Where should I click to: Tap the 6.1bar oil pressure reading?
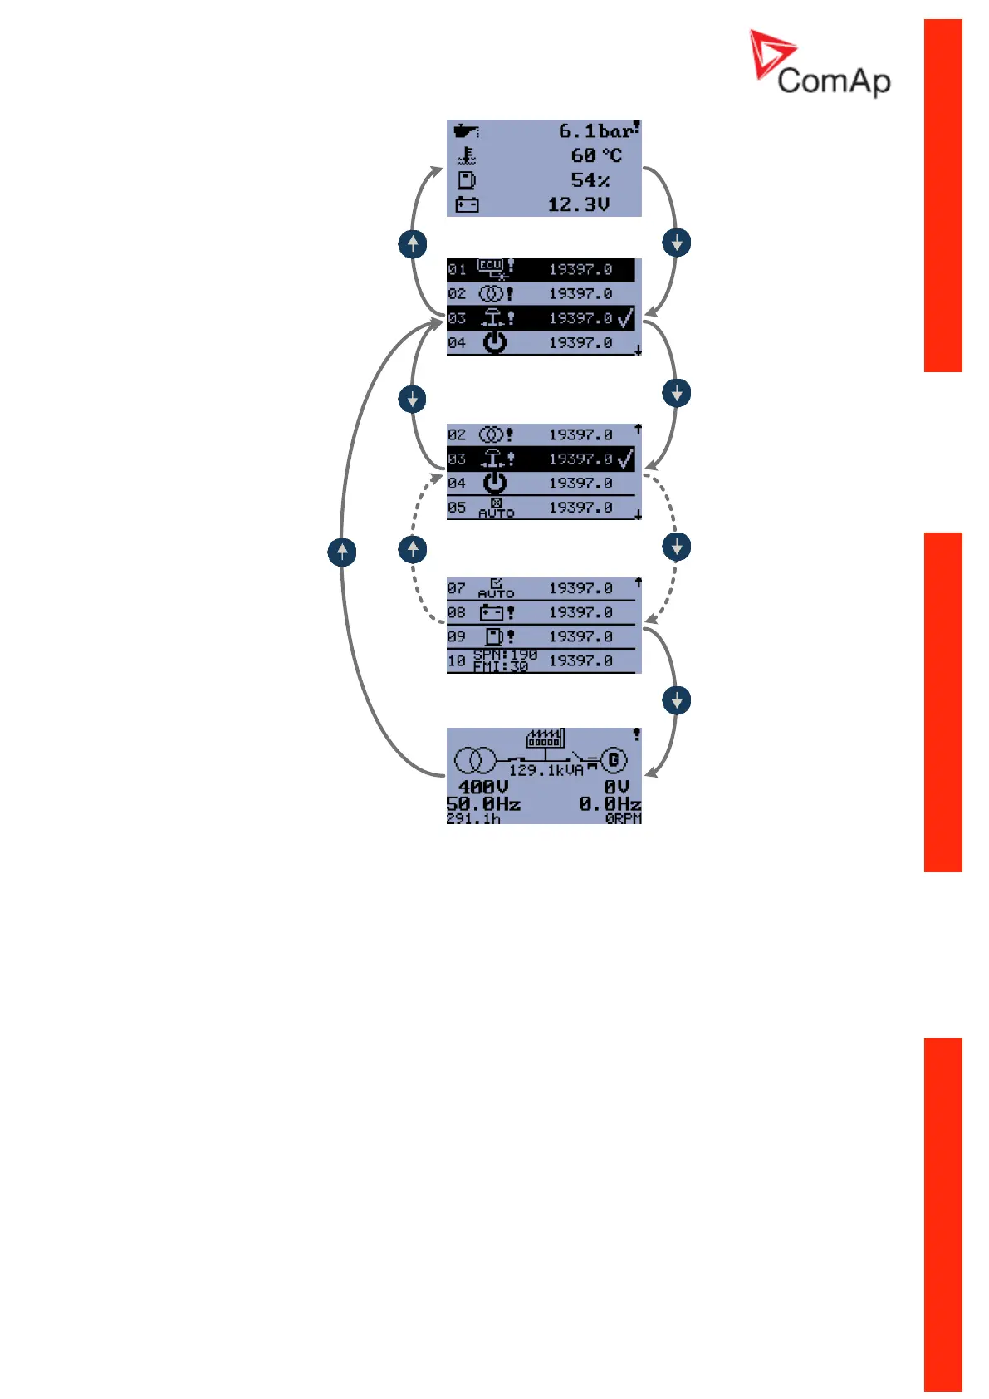pos(595,131)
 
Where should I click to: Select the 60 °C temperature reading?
pos(595,155)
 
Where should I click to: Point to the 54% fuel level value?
pos(590,180)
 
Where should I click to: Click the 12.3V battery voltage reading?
pos(578,204)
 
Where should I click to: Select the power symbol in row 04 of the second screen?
pos(495,342)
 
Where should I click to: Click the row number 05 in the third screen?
pos(457,508)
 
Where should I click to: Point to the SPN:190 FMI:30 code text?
pos(505,660)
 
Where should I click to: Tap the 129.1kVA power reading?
pos(546,771)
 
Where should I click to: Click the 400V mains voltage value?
pos(482,787)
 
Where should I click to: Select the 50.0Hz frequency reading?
pos(483,804)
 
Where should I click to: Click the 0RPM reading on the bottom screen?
pos(623,819)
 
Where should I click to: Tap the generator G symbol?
pos(614,759)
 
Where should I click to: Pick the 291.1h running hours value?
pos(473,819)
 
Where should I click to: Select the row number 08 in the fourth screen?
pos(457,612)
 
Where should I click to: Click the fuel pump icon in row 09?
pos(494,636)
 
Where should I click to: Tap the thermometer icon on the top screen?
pos(467,155)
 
